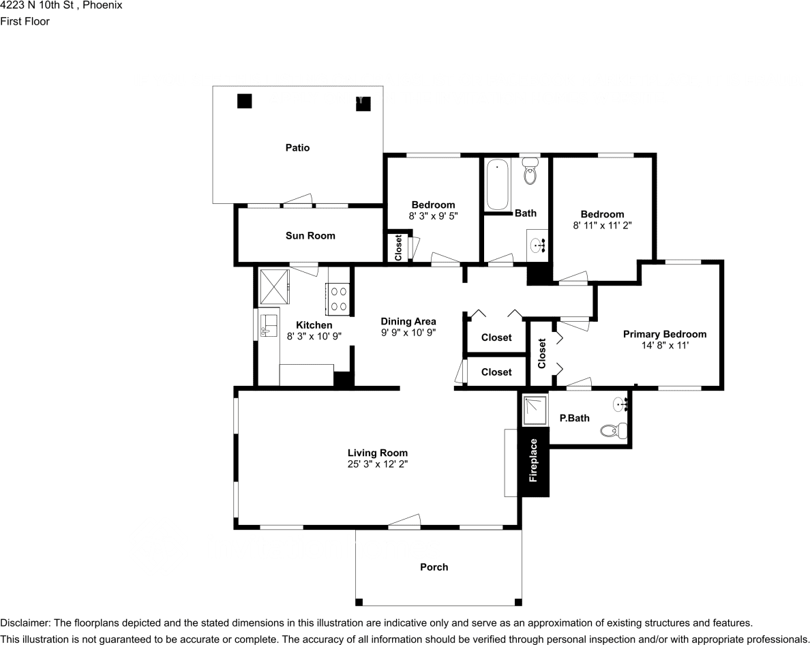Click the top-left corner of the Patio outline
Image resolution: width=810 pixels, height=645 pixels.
click(213, 86)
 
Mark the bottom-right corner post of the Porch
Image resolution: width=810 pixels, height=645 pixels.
click(518, 602)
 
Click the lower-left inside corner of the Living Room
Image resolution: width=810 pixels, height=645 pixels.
click(239, 525)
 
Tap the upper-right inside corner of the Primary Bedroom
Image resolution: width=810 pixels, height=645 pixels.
click(719, 265)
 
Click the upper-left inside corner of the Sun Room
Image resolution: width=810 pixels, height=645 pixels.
click(239, 208)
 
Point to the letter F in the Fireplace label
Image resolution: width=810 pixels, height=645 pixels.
click(533, 479)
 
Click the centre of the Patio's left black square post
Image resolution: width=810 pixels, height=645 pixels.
click(244, 101)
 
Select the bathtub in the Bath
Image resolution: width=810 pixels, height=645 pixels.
click(497, 184)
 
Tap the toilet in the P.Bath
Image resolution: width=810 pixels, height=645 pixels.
click(614, 430)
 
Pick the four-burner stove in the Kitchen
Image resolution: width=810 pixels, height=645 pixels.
click(337, 299)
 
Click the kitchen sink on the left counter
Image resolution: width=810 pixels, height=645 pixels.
click(269, 326)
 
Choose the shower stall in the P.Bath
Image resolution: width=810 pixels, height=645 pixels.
click(535, 410)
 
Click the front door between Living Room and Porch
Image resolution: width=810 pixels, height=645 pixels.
click(404, 522)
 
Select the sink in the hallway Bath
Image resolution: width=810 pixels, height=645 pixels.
click(537, 245)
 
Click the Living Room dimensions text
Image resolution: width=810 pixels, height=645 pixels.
click(378, 464)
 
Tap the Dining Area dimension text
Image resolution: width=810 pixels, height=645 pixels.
click(408, 333)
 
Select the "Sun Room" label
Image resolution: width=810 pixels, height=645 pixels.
click(310, 235)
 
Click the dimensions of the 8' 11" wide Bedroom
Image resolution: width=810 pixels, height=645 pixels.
click(602, 225)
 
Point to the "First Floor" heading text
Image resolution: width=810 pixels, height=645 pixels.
click(25, 21)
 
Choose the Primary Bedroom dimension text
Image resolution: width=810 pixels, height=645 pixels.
click(665, 346)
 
